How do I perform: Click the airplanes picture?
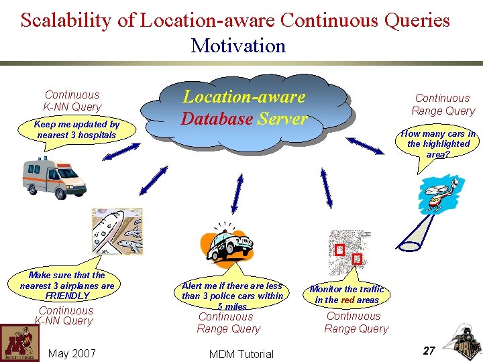[x=117, y=231]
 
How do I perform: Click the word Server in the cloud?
[x=282, y=120]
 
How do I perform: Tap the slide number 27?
[x=429, y=350]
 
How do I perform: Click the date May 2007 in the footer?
[x=72, y=353]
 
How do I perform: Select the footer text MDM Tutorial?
[x=241, y=354]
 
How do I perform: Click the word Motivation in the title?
[x=238, y=46]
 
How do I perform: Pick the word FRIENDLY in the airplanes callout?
[x=67, y=296]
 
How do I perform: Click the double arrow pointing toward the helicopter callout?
[x=365, y=145]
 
